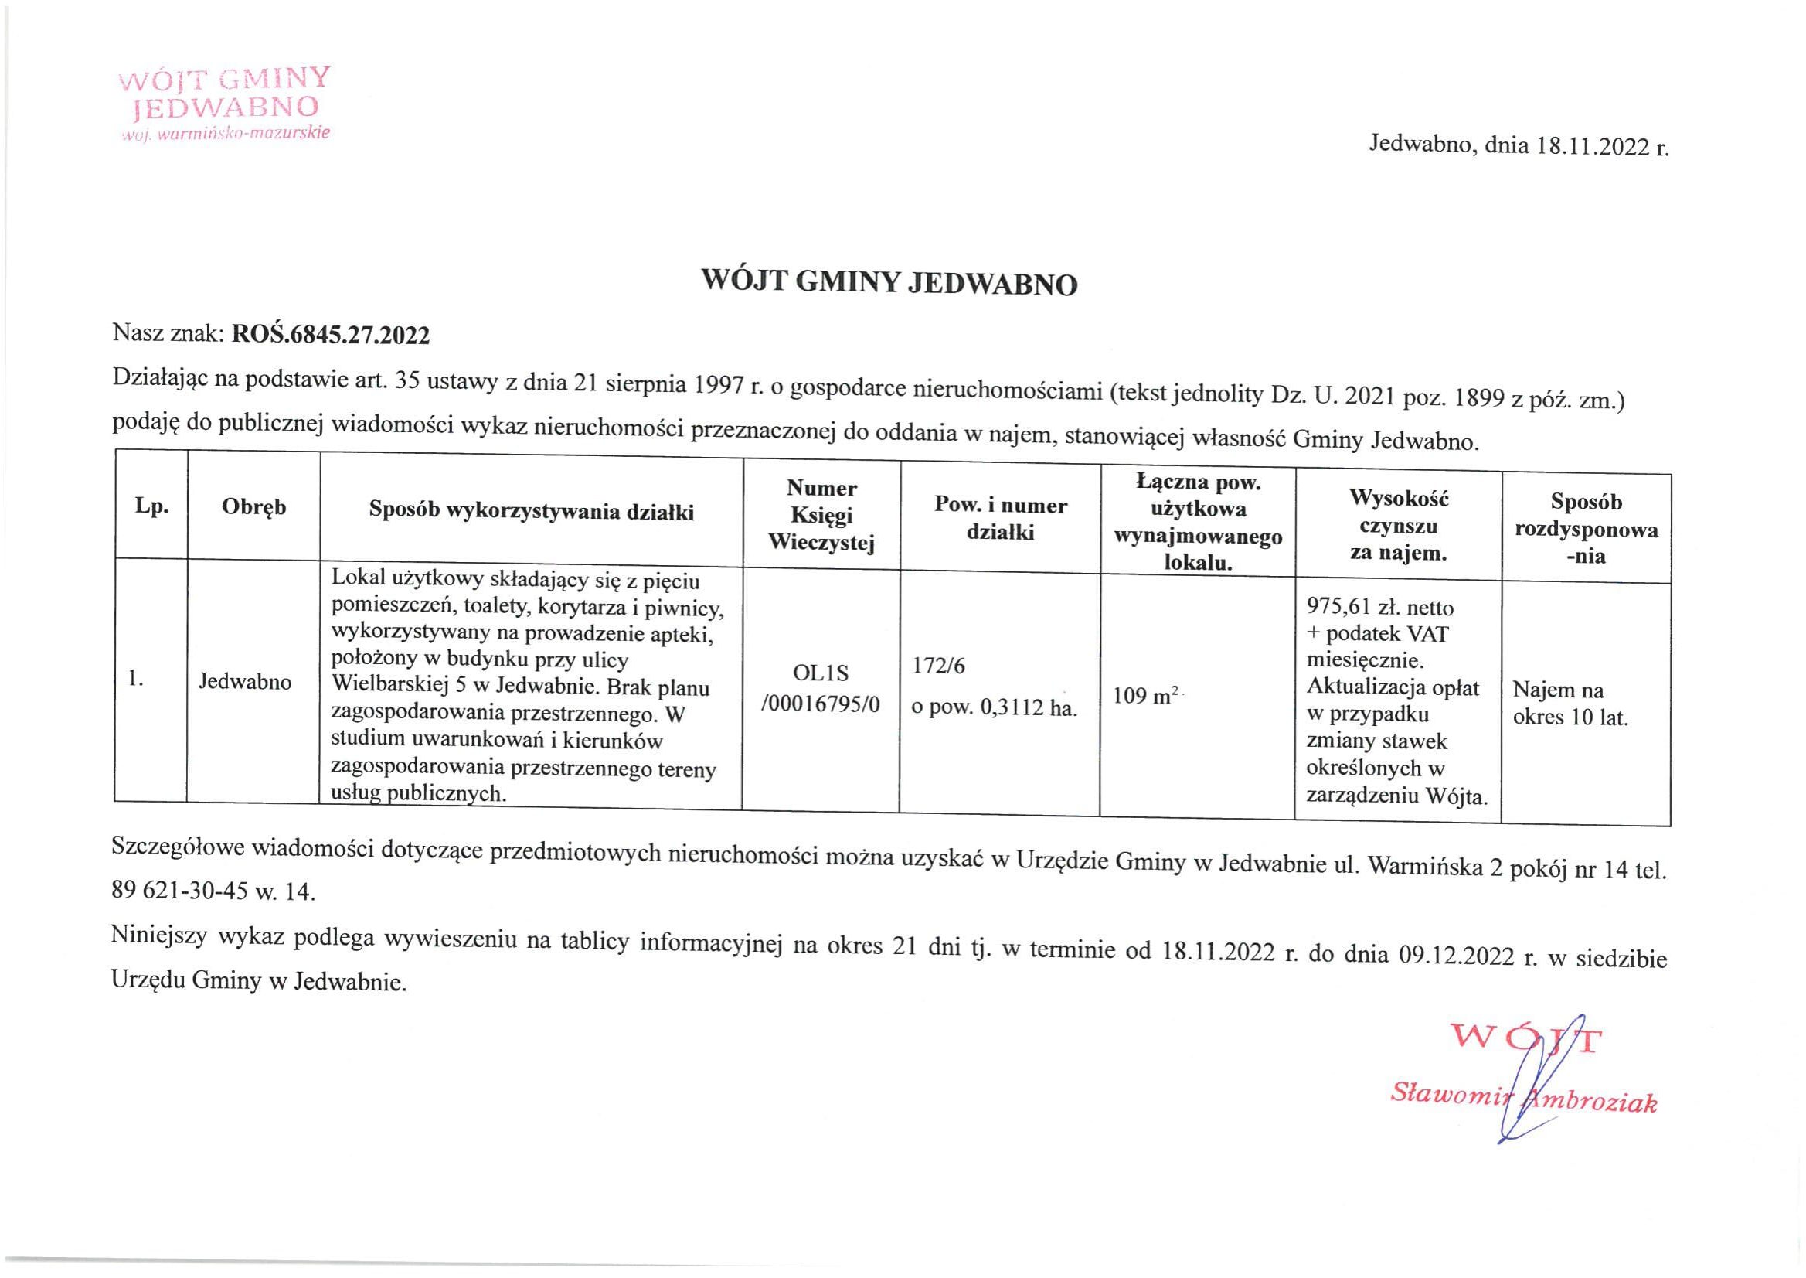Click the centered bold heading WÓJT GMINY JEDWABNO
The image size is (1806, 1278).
coord(889,282)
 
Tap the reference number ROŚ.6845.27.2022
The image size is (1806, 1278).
coord(331,336)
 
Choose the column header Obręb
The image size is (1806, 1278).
coord(253,508)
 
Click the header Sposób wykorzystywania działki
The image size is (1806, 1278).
coord(531,513)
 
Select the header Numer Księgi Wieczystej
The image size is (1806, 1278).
coord(821,516)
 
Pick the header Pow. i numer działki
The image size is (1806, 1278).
coord(1000,518)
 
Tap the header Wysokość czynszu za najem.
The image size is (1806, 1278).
coord(1399,525)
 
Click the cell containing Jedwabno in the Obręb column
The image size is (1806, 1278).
coord(245,680)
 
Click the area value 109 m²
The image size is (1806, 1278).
coord(1145,696)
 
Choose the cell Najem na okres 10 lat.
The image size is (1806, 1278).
coord(1570,704)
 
